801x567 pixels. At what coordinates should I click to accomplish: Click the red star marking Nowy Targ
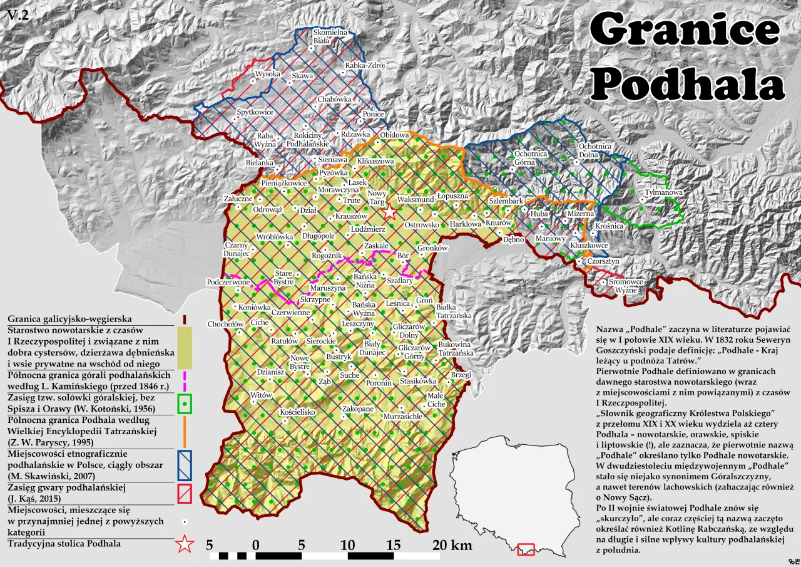click(x=390, y=212)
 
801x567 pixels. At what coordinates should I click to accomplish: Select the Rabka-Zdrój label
click(x=365, y=65)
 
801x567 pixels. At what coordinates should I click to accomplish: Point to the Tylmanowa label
click(x=663, y=192)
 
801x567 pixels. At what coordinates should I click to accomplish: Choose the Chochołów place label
click(x=226, y=324)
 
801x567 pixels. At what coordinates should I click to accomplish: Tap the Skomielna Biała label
click(x=330, y=36)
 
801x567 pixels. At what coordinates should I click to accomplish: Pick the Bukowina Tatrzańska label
click(x=454, y=349)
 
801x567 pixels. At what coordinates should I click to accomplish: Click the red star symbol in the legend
click(x=184, y=544)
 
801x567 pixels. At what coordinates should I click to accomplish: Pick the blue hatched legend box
click(x=185, y=465)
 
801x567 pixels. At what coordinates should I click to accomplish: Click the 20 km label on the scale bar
click(x=452, y=545)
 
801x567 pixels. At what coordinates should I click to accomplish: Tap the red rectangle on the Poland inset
click(x=526, y=549)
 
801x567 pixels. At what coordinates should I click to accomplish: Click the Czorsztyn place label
click(x=603, y=261)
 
